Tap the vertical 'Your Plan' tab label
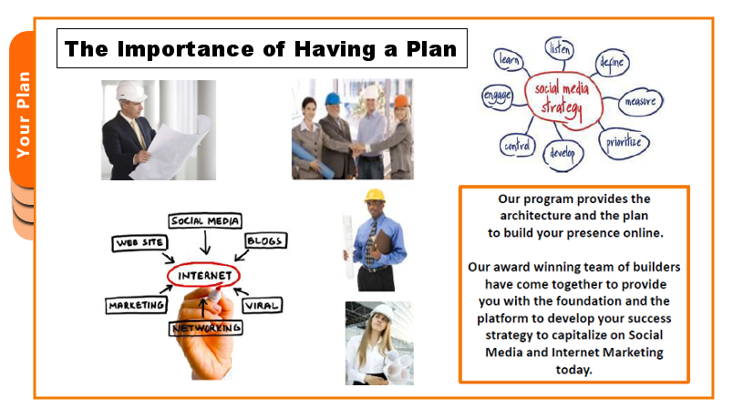(x=23, y=115)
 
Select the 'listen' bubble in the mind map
(x=560, y=48)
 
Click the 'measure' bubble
(x=640, y=101)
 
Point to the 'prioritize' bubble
(x=624, y=142)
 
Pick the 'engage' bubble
(x=497, y=97)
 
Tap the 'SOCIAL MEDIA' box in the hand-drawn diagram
(x=205, y=221)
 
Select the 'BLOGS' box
(x=265, y=240)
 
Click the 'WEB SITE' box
(x=139, y=243)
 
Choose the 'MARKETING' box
(x=137, y=305)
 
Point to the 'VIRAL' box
(x=263, y=305)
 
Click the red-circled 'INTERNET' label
(x=204, y=276)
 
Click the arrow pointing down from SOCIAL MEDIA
(x=205, y=242)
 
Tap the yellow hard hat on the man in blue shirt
(x=375, y=195)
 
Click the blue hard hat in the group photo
(x=333, y=98)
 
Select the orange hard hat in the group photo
(x=401, y=101)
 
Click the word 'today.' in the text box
(x=573, y=369)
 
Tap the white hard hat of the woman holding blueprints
(x=382, y=312)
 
